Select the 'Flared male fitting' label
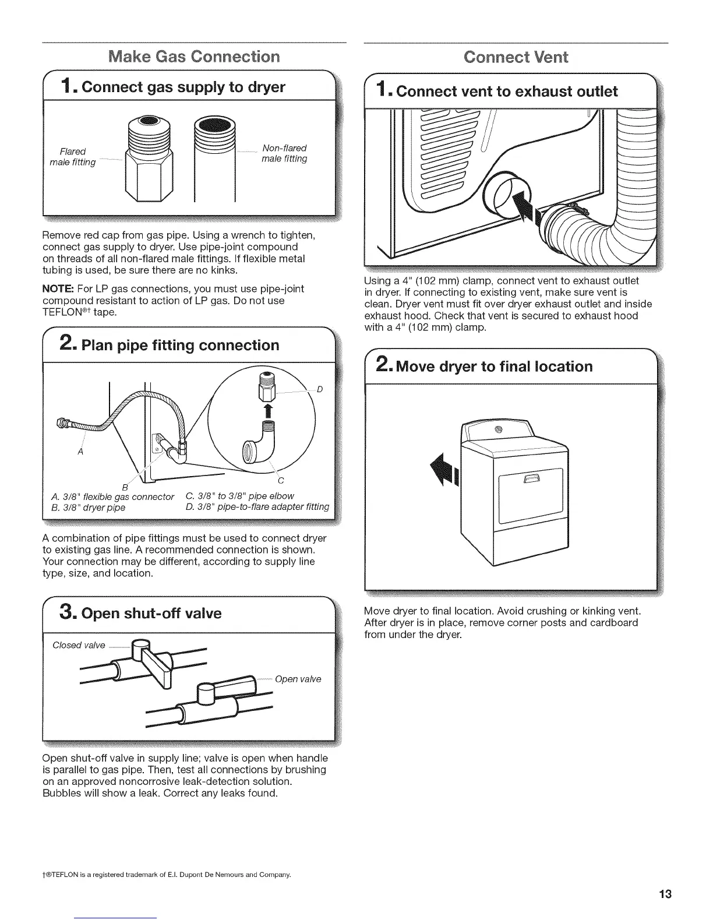click(73, 157)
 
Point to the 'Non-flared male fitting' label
click(284, 153)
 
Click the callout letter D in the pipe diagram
click(320, 389)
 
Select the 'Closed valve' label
click(79, 645)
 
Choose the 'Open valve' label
click(298, 679)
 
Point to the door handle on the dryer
click(533, 479)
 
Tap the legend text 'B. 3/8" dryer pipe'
click(88, 507)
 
